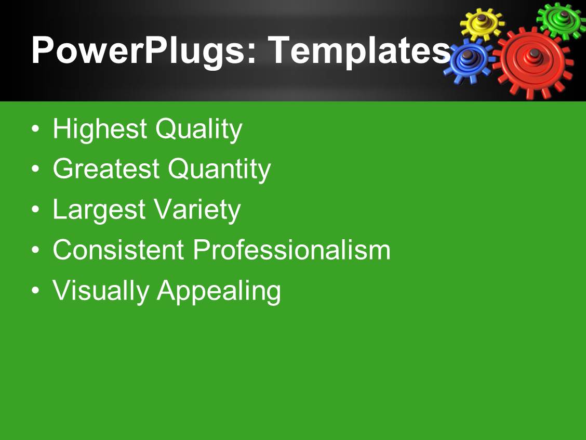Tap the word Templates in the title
359,51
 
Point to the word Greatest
106,169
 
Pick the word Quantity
219,170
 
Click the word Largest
99,210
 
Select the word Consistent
118,250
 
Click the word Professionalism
291,250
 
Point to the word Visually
101,291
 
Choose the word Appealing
219,291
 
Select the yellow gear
481,24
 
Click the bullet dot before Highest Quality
35,129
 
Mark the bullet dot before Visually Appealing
35,291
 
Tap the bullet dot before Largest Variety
35,210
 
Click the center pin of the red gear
535,54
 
